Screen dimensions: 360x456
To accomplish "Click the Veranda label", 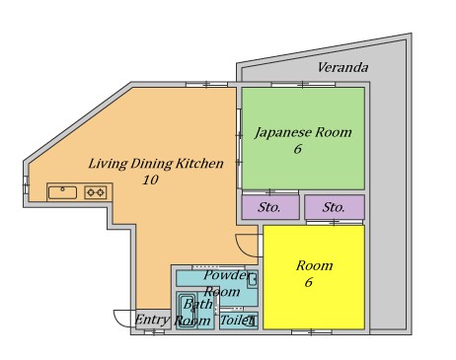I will [x=342, y=68].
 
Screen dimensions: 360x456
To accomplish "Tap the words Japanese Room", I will [x=303, y=132].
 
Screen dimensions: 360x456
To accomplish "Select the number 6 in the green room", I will [x=296, y=150].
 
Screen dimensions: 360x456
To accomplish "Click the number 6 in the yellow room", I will [x=307, y=283].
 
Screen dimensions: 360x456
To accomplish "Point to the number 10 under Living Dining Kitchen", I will [x=150, y=180].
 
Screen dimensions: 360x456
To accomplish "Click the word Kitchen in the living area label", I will [x=201, y=163].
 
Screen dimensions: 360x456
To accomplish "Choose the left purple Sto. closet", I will [x=269, y=208].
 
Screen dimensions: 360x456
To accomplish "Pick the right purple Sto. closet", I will [x=334, y=208].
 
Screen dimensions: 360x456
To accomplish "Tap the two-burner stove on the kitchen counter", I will [x=95, y=191].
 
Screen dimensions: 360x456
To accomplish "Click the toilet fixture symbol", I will [x=251, y=320].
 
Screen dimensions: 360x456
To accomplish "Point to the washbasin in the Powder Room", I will [x=252, y=279].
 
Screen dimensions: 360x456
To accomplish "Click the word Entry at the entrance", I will [x=152, y=321].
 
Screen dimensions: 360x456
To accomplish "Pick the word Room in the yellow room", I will [x=315, y=265].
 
